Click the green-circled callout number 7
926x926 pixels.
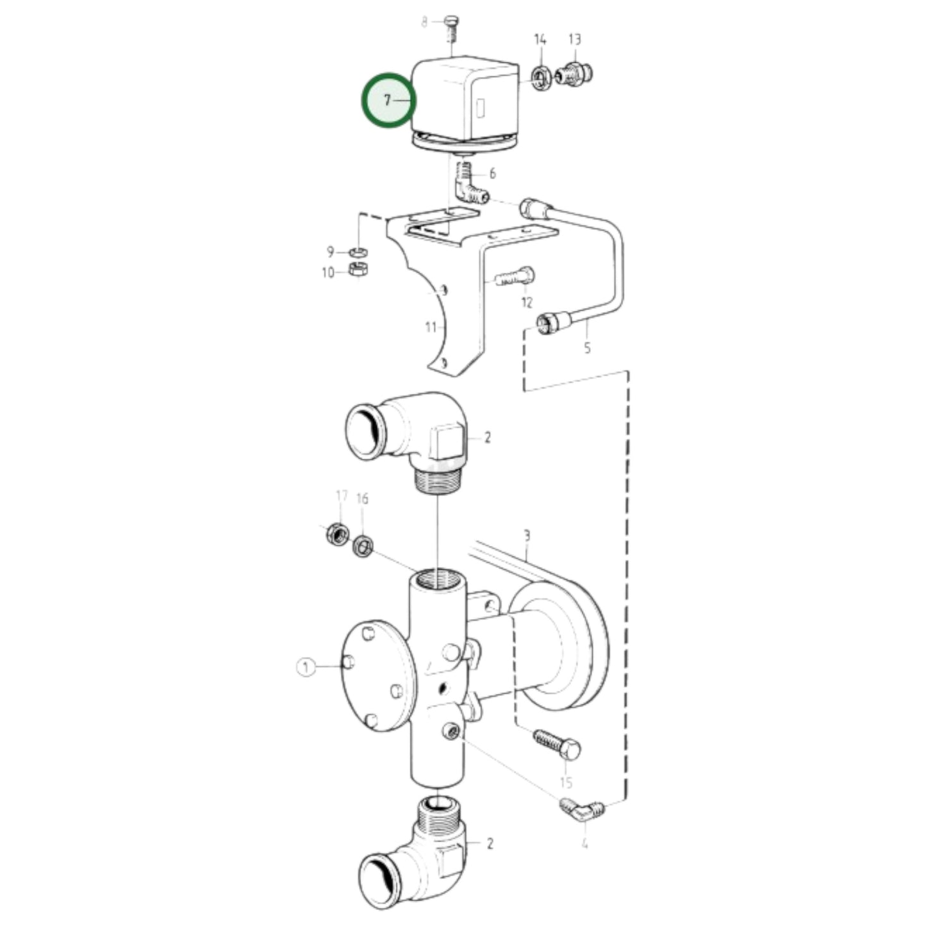click(x=388, y=101)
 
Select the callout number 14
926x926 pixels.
click(x=540, y=40)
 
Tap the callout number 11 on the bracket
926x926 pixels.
click(x=431, y=327)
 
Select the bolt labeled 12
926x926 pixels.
click(x=516, y=277)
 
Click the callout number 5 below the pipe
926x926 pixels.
click(x=587, y=348)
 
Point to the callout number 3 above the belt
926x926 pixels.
click(x=527, y=535)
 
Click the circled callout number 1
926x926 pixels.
click(x=306, y=667)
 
